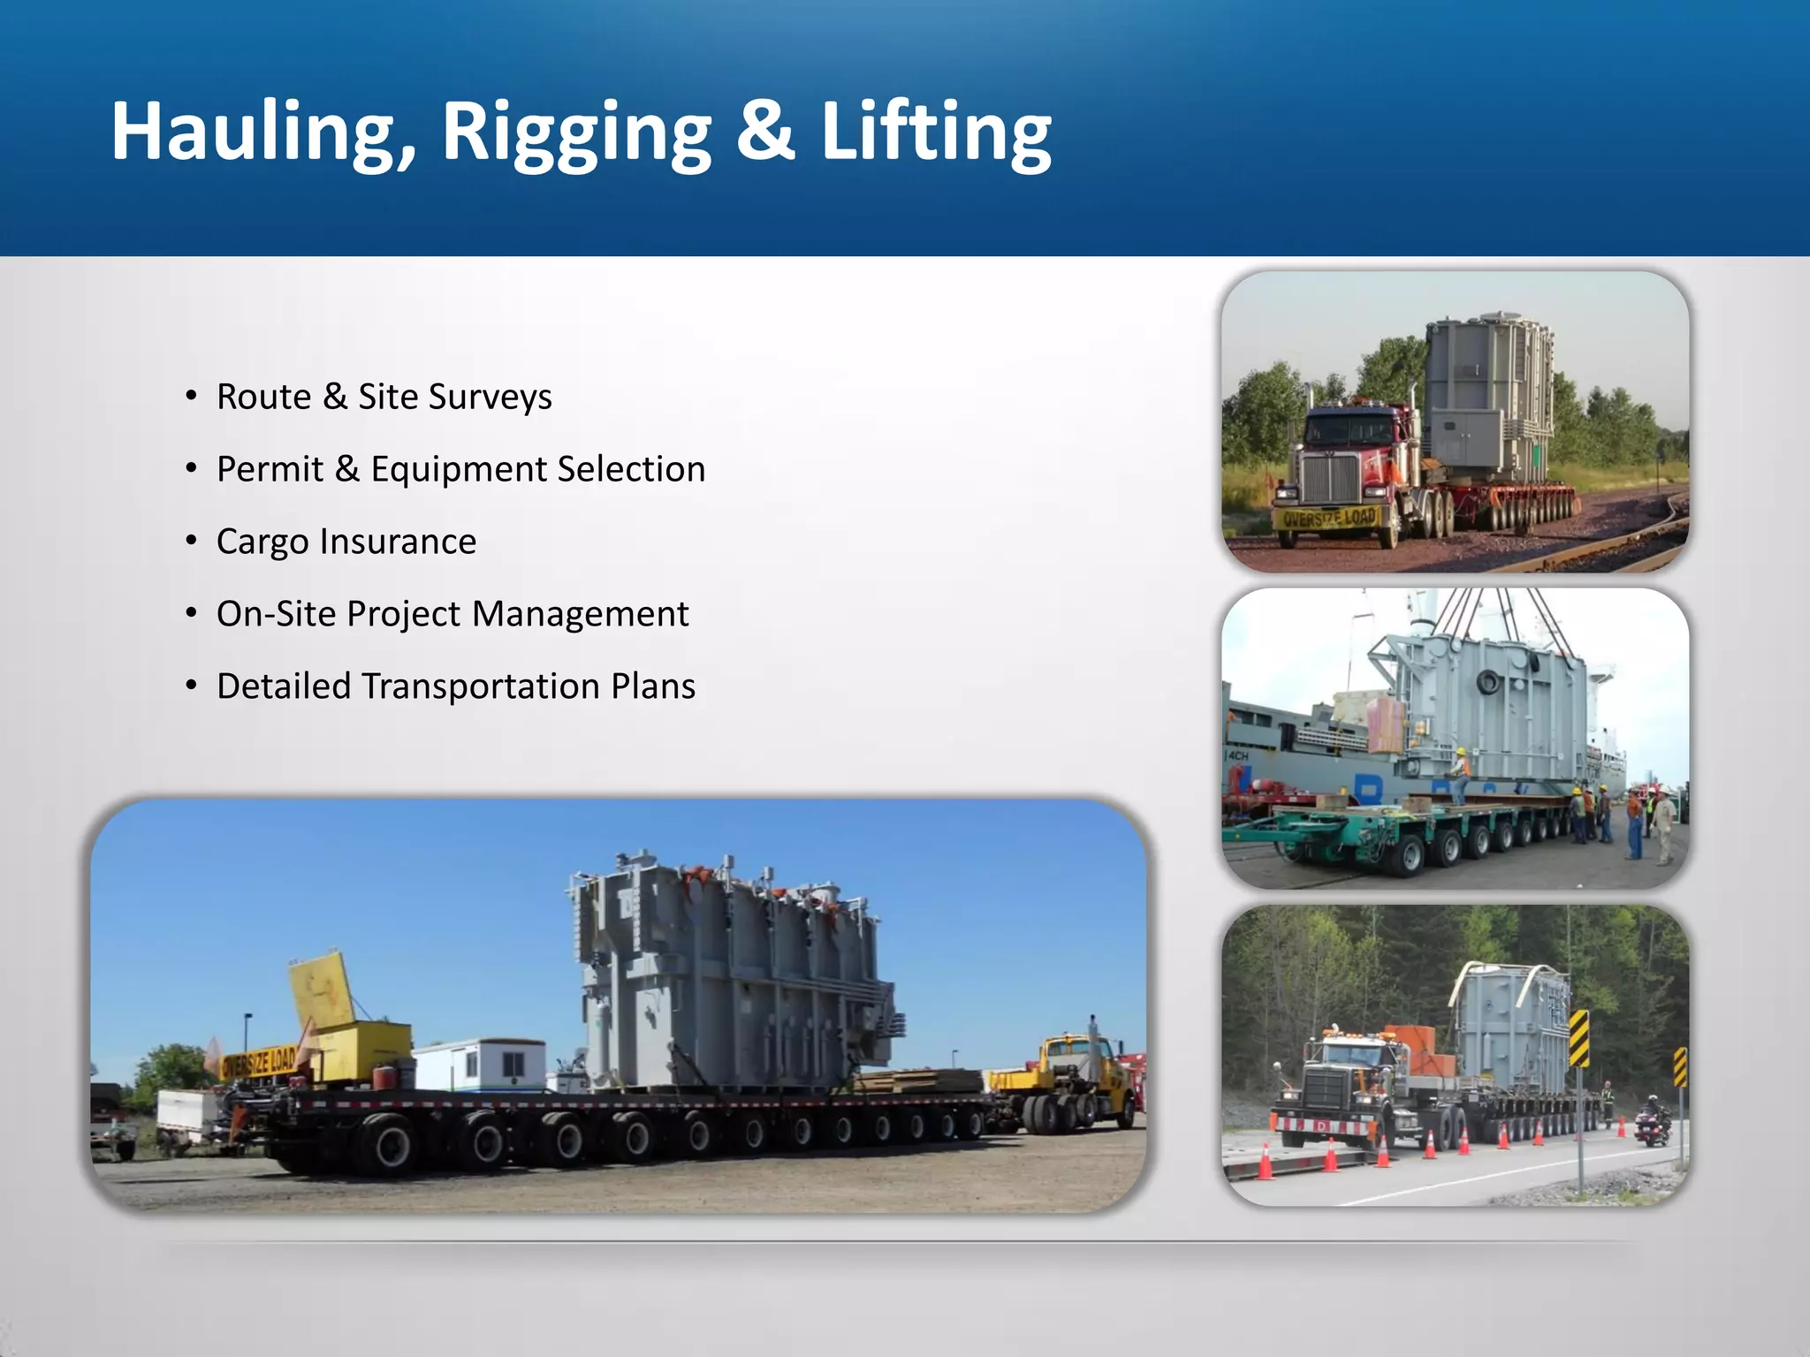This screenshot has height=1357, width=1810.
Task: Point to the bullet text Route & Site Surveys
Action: (x=384, y=397)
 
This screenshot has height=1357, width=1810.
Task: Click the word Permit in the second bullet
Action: (x=270, y=469)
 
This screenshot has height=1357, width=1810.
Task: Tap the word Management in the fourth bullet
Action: (x=581, y=614)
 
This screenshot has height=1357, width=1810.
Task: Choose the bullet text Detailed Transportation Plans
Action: (x=455, y=686)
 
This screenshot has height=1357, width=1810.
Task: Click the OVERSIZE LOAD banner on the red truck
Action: (x=1328, y=518)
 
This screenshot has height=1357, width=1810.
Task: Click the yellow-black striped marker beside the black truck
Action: (x=1578, y=1039)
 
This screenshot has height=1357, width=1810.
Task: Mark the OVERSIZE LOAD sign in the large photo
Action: (x=258, y=1061)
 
